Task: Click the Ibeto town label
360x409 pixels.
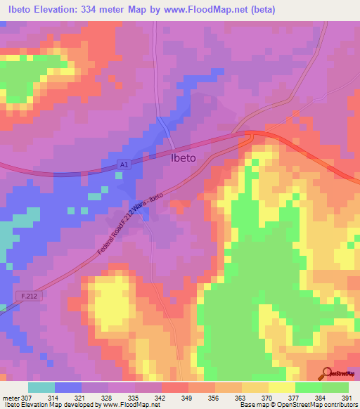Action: coord(184,158)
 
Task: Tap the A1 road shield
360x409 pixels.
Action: coord(124,164)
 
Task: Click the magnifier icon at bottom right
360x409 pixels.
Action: coord(327,373)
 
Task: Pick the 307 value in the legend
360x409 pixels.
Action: coord(27,397)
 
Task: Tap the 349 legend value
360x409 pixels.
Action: coord(188,397)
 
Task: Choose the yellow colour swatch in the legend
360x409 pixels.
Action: coord(282,387)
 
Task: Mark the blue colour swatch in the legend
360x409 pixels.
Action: coord(68,387)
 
